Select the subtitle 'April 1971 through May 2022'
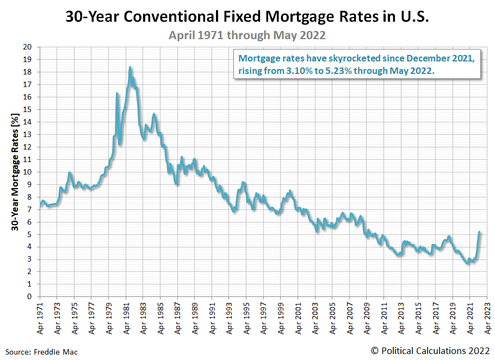tap(247, 35)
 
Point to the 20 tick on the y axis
tap(28, 47)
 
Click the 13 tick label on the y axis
tap(28, 134)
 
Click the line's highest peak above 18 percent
tap(130, 67)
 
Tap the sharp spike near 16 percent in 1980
tap(117, 94)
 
